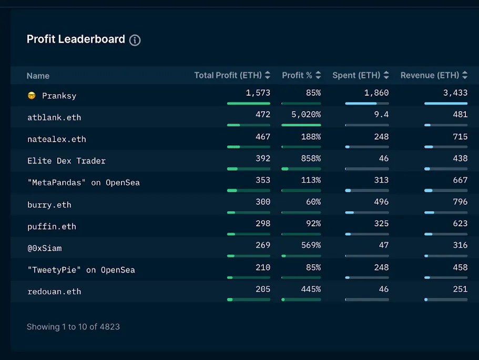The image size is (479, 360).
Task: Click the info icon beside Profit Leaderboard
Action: click(135, 40)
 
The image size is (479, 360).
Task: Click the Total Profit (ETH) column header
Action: click(228, 75)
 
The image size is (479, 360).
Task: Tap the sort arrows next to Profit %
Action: click(318, 75)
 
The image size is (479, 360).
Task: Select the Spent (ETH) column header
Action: click(356, 75)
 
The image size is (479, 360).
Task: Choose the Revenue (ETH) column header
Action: click(430, 75)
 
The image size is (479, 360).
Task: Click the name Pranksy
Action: click(59, 96)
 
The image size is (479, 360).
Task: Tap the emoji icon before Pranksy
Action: click(31, 96)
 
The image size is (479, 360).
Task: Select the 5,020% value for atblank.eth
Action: click(306, 114)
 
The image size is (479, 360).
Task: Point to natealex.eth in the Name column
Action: click(56, 139)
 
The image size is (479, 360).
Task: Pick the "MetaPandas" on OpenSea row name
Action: click(83, 183)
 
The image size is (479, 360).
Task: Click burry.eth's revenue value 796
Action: click(460, 202)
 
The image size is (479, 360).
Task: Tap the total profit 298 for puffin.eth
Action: click(263, 224)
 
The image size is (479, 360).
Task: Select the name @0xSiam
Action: click(44, 248)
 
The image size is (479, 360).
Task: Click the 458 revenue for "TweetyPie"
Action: click(460, 267)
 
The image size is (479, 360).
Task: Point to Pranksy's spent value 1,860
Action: click(376, 93)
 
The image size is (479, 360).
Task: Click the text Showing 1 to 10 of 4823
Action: click(73, 327)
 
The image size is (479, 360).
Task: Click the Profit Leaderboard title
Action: click(76, 39)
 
